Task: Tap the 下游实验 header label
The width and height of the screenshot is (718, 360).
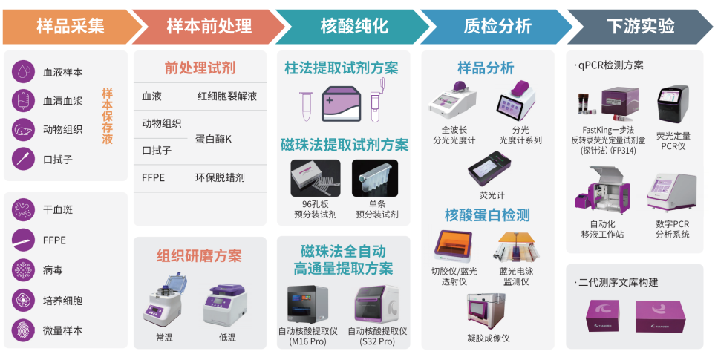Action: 641,26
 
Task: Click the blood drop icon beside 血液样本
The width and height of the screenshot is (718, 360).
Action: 23,71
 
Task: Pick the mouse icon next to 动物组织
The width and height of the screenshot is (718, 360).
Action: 23,130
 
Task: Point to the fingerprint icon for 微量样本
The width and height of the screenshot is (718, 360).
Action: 23,330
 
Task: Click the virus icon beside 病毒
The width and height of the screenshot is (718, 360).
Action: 23,269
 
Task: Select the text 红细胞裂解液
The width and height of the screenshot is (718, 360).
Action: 227,96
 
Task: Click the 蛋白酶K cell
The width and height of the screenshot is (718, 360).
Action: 213,139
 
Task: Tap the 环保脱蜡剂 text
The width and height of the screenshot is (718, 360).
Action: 220,177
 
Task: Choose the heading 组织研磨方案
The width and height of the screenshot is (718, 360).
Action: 199,255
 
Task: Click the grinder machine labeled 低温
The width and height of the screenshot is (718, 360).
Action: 225,304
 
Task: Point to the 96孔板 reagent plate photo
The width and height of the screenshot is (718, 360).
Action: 316,178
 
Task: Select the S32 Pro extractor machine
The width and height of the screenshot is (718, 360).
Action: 376,304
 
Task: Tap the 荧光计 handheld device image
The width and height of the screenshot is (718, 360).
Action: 489,168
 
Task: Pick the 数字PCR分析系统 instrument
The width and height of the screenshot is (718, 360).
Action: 672,193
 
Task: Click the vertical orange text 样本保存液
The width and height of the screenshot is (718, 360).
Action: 107,117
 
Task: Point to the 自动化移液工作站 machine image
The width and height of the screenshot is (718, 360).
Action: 602,190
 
